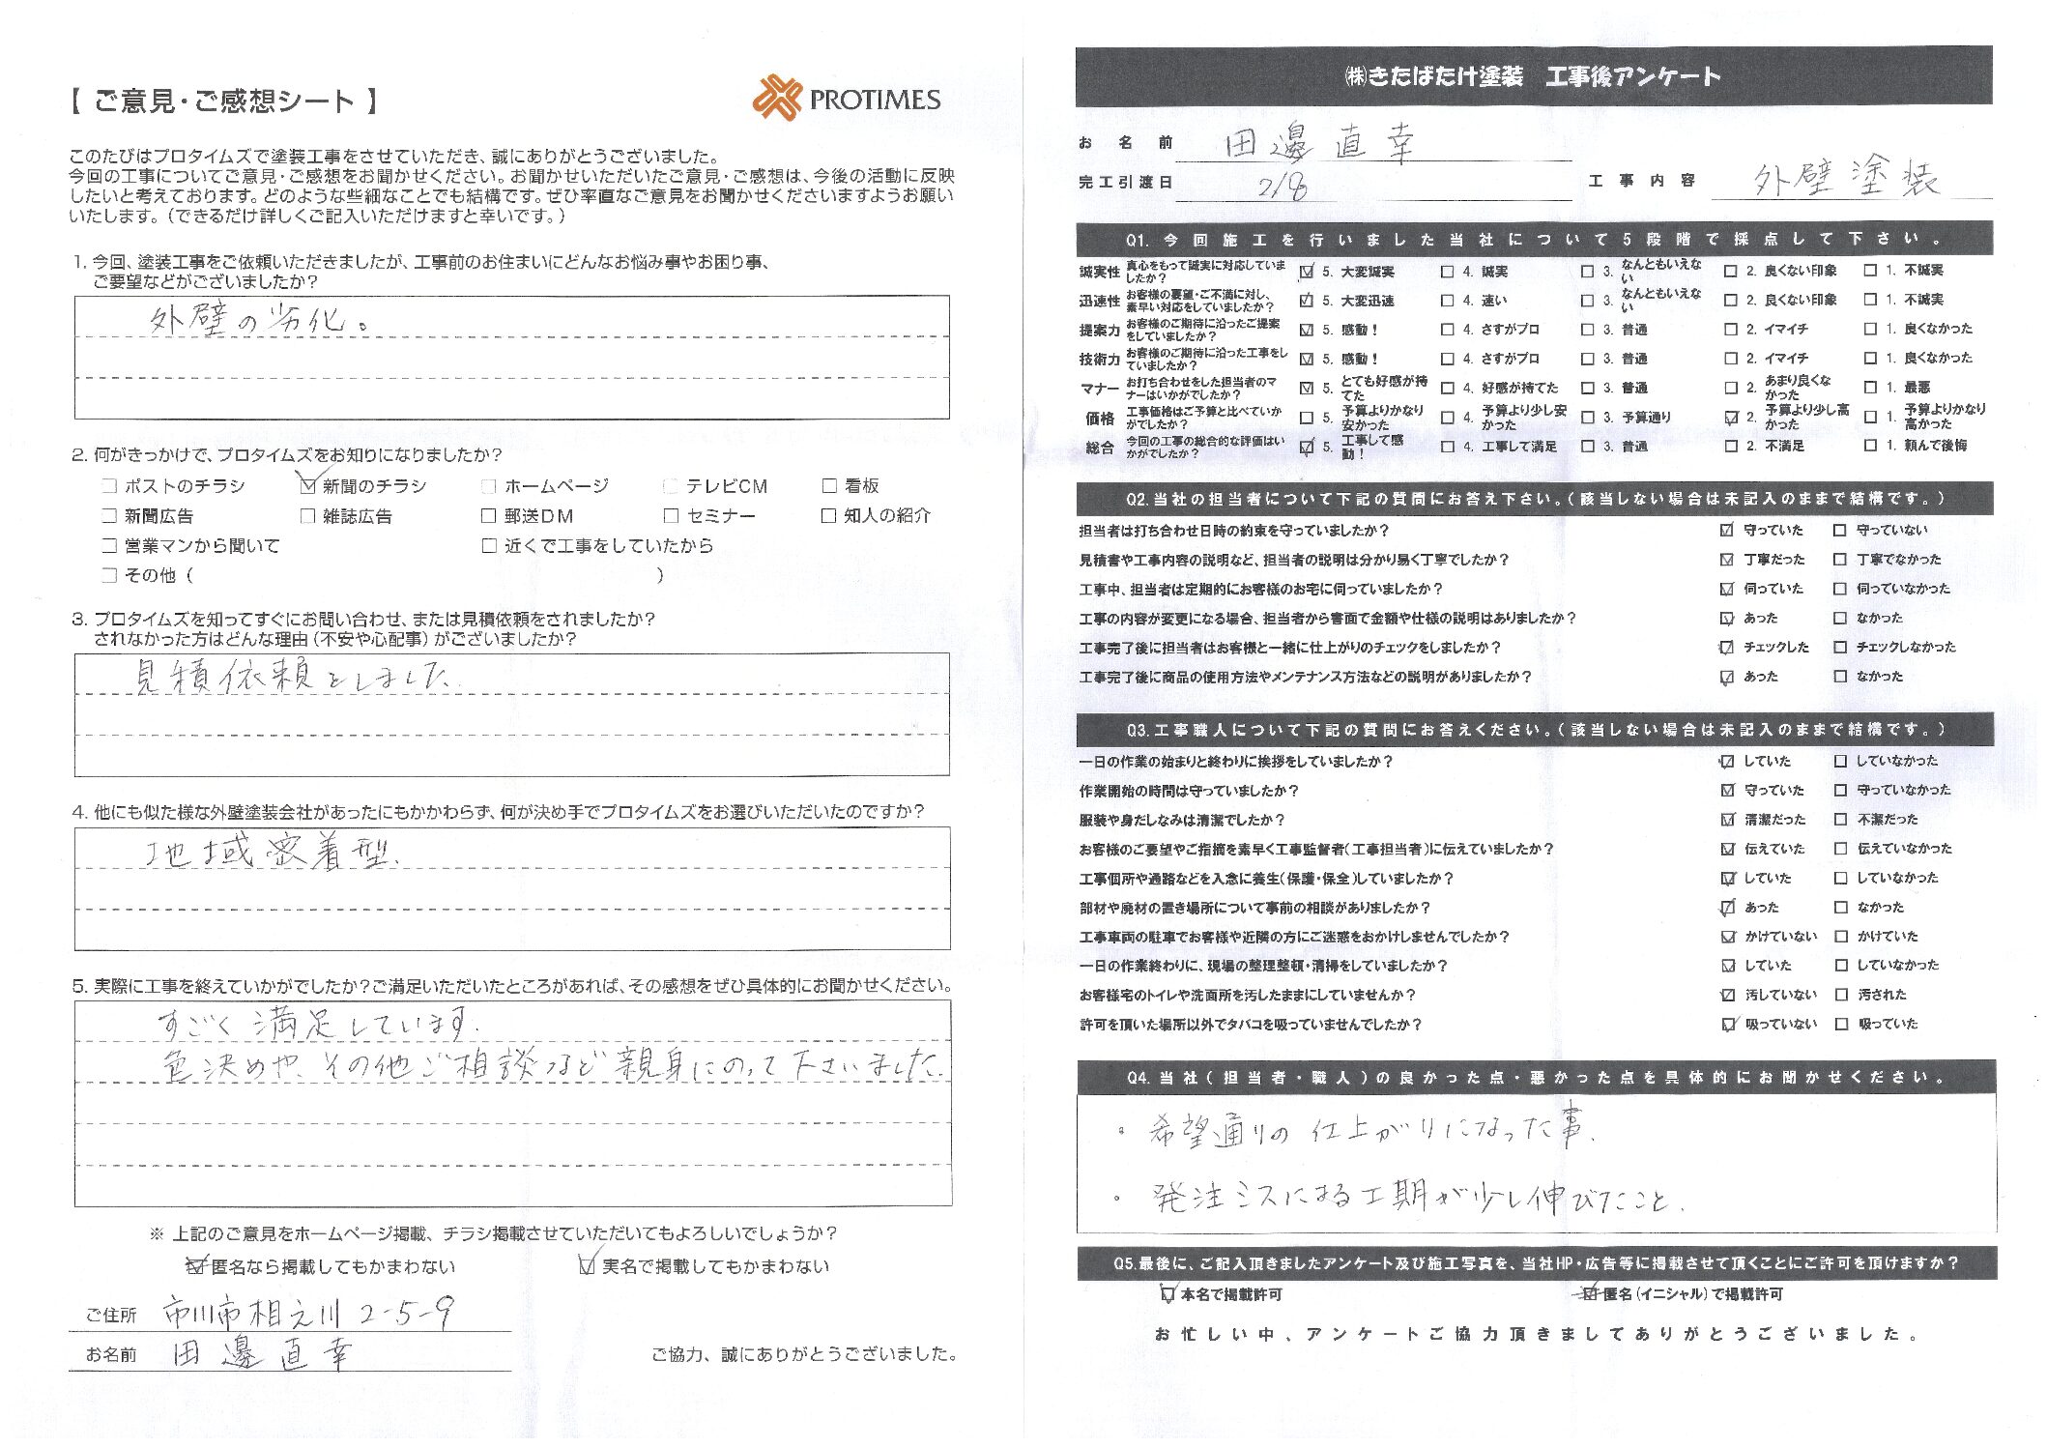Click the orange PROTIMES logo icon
(777, 98)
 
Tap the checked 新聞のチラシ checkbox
(308, 485)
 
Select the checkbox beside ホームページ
(489, 486)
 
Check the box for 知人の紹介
(828, 515)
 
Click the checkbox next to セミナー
(671, 516)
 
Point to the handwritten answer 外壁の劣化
(257, 320)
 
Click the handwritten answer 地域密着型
(271, 854)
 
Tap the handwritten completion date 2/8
(1282, 185)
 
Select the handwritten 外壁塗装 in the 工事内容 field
(1845, 179)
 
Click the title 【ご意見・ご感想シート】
(224, 101)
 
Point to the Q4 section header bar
(1536, 1077)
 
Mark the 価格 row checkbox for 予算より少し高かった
(1731, 418)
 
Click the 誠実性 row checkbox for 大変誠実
(1307, 272)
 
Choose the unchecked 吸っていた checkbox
(1841, 1024)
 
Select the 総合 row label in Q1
(1099, 447)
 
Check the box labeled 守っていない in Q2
(1839, 531)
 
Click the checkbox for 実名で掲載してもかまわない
(586, 1266)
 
